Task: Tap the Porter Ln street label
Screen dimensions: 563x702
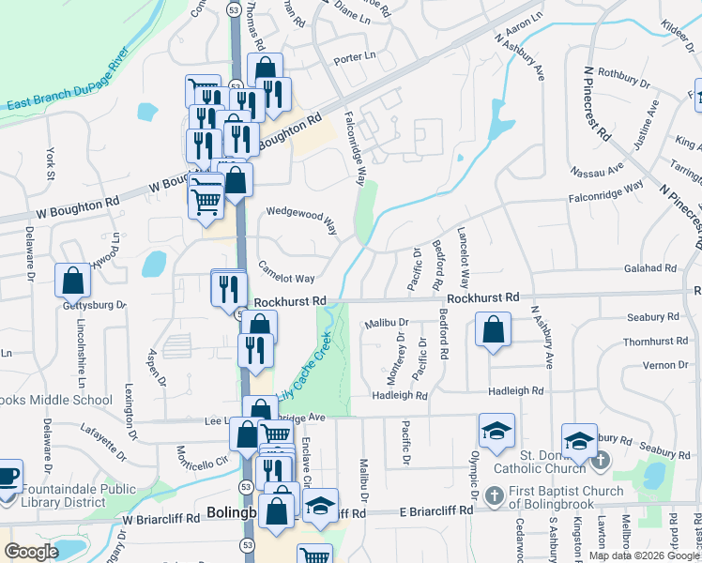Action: (355, 57)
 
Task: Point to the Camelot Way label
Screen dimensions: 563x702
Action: (286, 278)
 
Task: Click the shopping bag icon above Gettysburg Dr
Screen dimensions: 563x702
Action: (72, 280)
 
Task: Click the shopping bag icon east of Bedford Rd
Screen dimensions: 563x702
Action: (492, 330)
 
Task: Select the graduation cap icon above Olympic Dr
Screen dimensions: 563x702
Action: (496, 431)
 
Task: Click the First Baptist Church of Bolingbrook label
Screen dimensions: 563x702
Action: (566, 498)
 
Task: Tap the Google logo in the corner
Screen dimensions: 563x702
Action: (31, 552)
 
